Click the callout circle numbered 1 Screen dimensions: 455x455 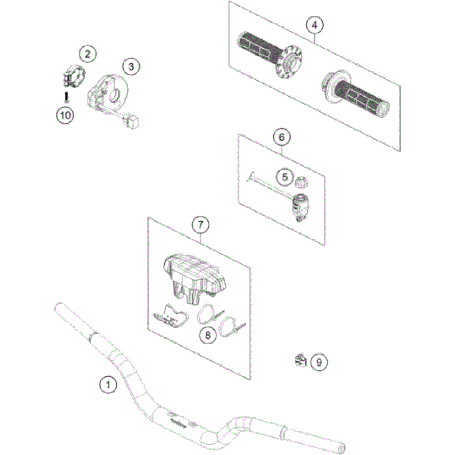point(108,384)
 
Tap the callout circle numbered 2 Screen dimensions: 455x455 point(88,54)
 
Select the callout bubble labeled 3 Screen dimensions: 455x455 point(131,66)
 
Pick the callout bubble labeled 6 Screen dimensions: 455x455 point(282,137)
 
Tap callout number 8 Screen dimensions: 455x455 point(208,334)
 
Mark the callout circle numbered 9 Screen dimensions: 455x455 point(319,361)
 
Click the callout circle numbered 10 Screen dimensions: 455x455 point(65,115)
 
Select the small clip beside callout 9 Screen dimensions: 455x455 point(300,360)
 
